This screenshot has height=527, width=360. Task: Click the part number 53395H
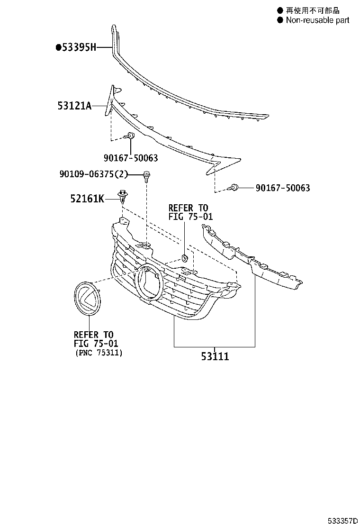coord(79,47)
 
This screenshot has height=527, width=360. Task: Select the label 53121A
coord(75,106)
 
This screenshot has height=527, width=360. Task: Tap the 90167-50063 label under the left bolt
coord(130,158)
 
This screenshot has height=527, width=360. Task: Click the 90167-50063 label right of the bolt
coord(283,188)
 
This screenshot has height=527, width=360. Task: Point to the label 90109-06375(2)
coord(94,174)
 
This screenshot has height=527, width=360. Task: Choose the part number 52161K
coord(88,199)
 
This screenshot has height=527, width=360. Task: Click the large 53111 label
coord(214,356)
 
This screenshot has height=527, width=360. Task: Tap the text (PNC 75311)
coord(99,353)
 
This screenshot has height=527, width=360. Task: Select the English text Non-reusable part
coord(317,20)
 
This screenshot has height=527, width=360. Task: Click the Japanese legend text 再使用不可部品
coord(313,10)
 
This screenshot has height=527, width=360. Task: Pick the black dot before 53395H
coord(58,47)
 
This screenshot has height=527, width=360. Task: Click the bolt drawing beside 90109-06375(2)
coord(146,176)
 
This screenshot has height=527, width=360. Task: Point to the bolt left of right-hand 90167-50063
coord(234,188)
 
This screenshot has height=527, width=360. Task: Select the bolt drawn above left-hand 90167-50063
coord(130,137)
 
